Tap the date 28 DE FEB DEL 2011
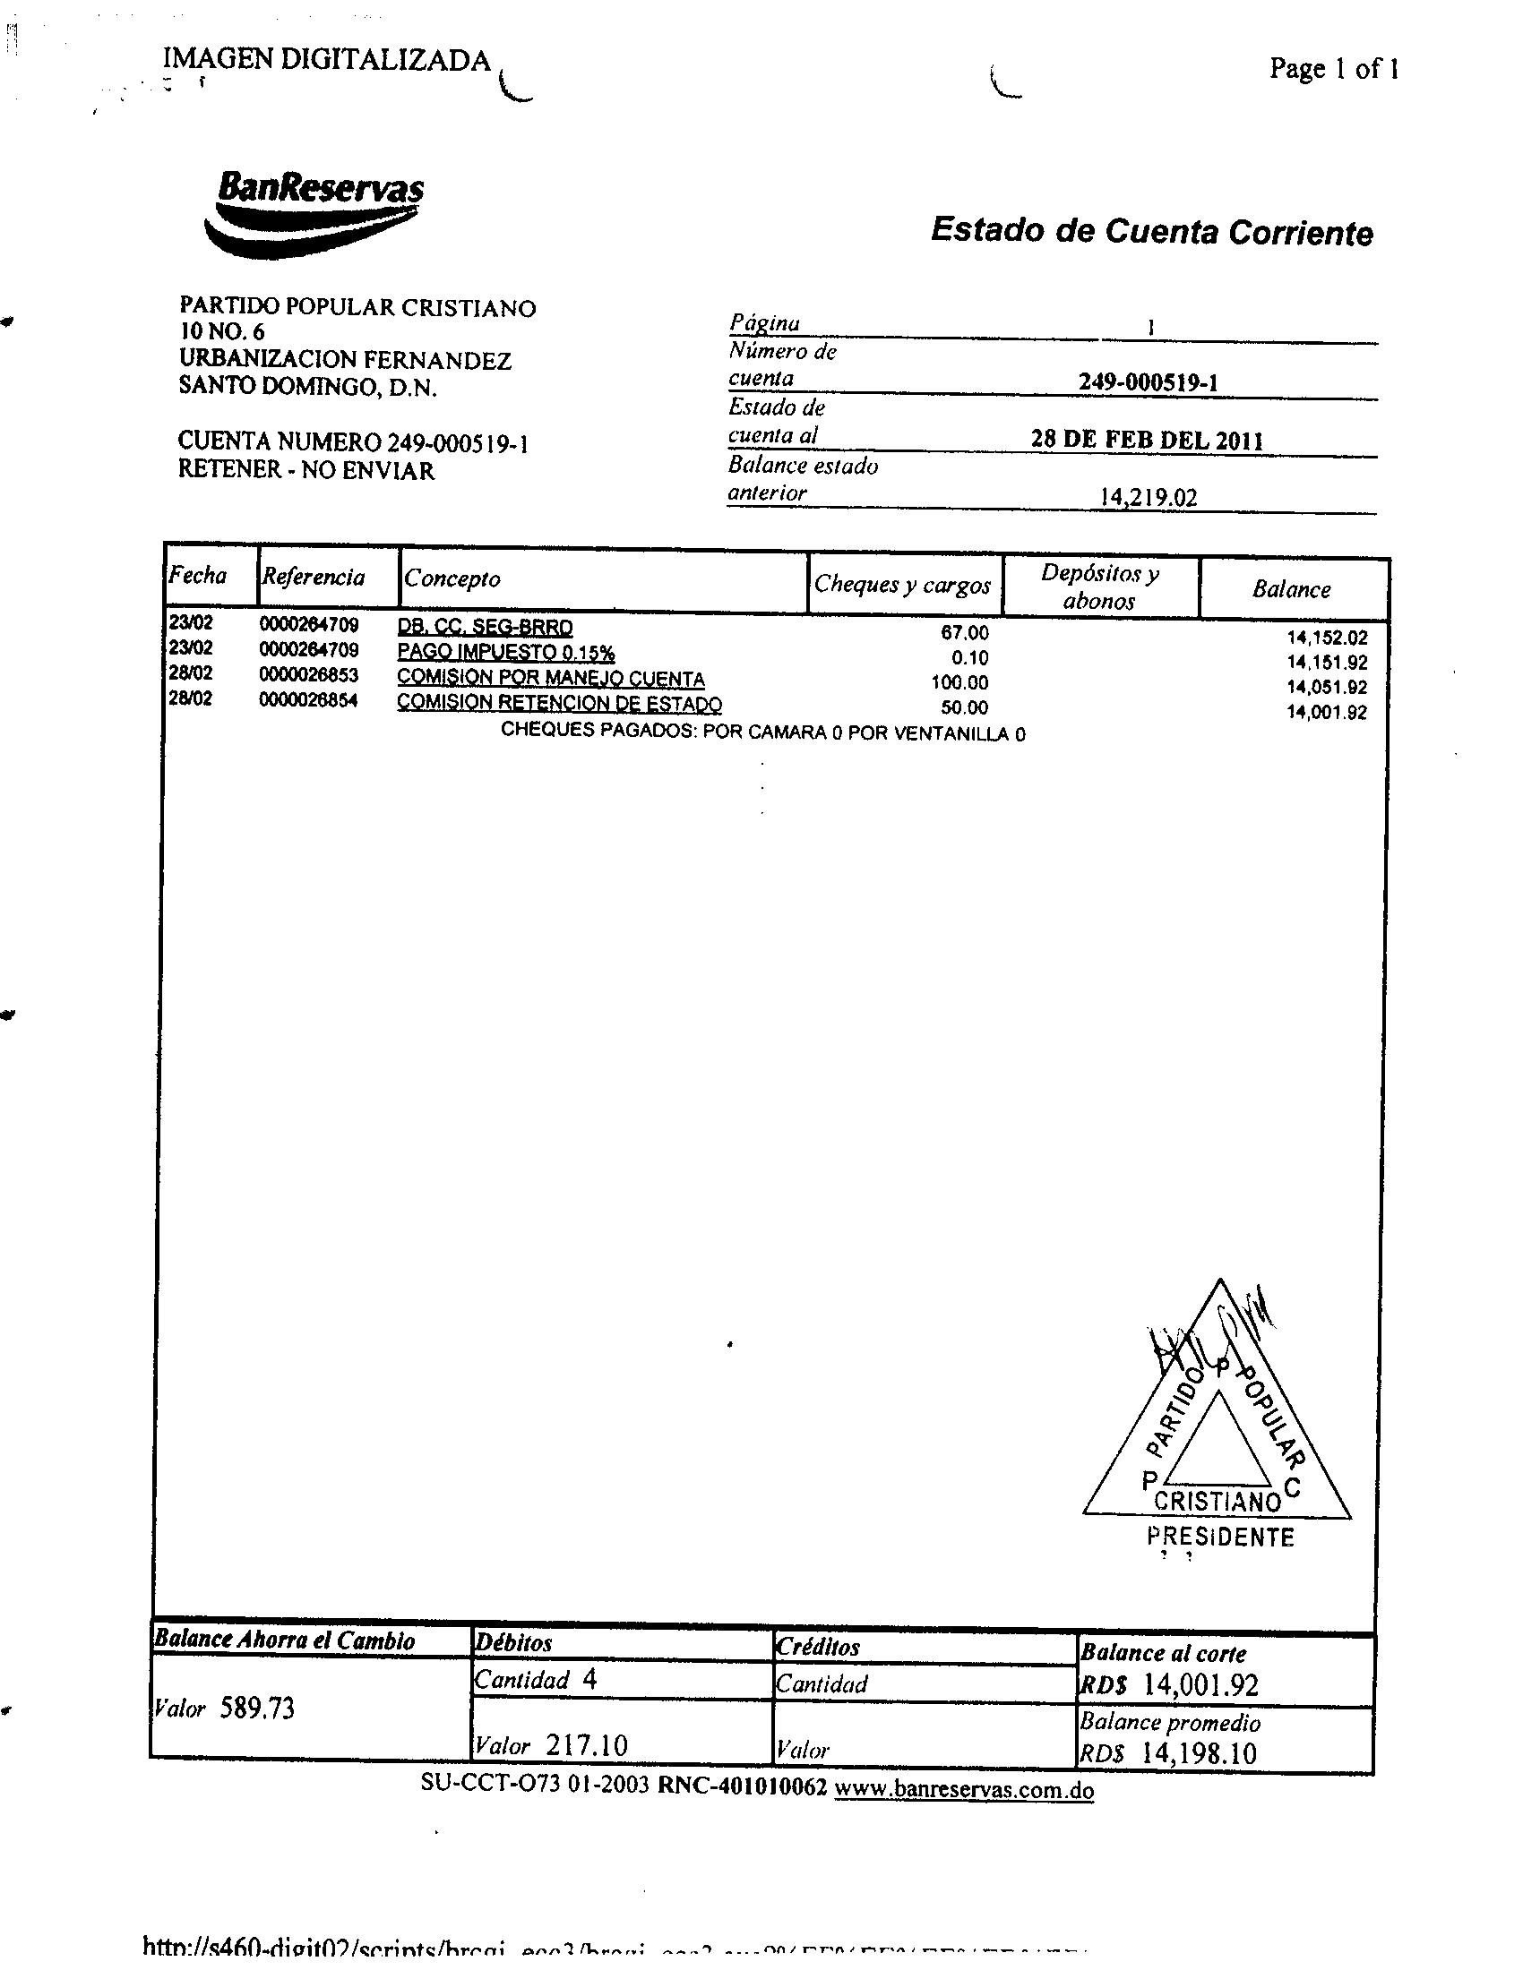click(1147, 441)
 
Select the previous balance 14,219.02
click(1149, 497)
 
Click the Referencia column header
click(313, 578)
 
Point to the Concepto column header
click(452, 578)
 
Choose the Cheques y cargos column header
click(902, 585)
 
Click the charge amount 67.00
click(965, 633)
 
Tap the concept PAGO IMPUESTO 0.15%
click(506, 652)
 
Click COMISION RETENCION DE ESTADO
click(559, 703)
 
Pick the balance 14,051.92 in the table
click(1327, 688)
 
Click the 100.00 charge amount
click(959, 683)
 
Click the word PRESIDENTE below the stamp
click(1220, 1537)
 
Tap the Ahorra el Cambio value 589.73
click(257, 1709)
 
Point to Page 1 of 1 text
click(1334, 69)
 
